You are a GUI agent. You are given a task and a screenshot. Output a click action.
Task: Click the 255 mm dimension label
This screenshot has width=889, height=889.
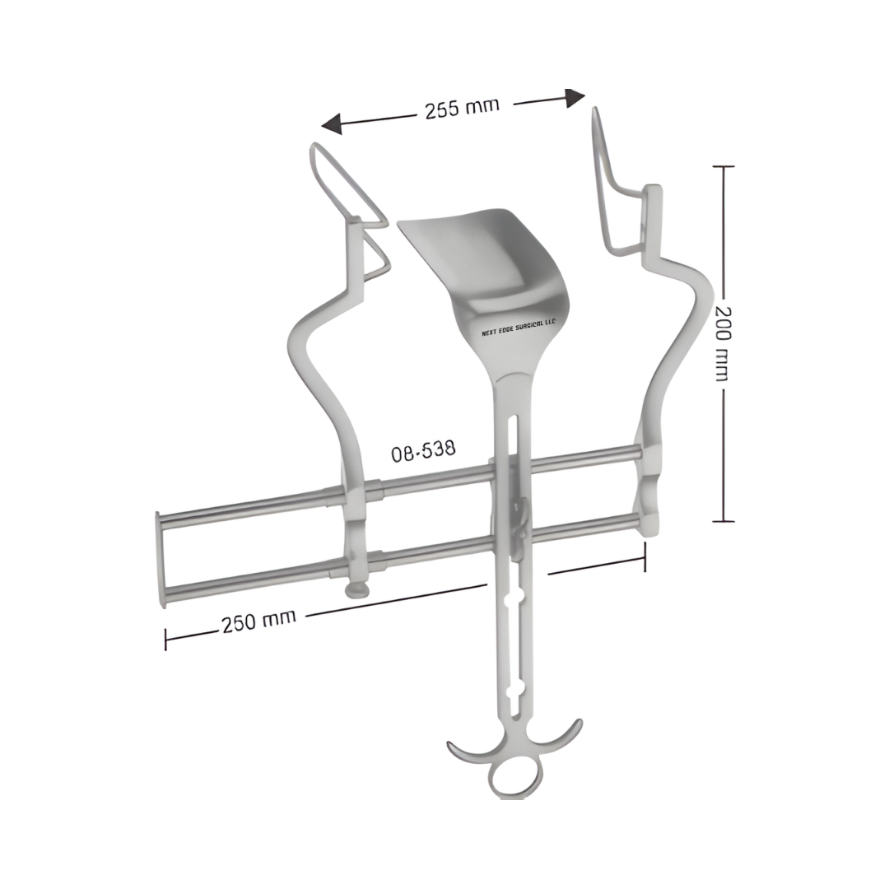click(x=462, y=108)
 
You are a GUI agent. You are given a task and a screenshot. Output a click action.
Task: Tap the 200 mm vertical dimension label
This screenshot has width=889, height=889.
click(x=723, y=344)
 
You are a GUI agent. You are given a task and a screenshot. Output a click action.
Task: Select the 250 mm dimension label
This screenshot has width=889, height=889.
click(x=258, y=621)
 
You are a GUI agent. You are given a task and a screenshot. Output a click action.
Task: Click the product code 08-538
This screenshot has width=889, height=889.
click(x=423, y=451)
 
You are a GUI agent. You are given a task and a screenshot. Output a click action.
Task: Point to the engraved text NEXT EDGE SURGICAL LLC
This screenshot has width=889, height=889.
click(x=519, y=327)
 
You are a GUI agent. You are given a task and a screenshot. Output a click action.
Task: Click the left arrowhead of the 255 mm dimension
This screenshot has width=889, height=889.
click(x=332, y=123)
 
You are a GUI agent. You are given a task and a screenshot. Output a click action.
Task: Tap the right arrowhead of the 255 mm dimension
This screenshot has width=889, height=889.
click(x=575, y=98)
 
